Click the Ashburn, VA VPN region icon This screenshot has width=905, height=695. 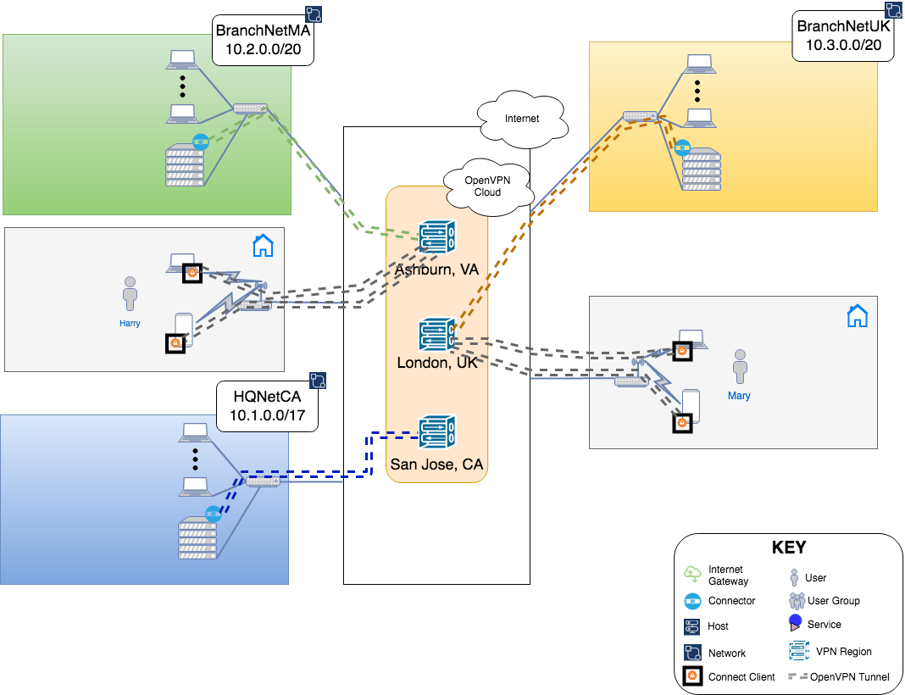pos(437,237)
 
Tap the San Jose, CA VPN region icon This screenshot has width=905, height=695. pos(437,432)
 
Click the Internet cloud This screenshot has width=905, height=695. pos(521,120)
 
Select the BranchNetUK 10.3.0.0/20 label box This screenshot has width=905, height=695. pos(843,36)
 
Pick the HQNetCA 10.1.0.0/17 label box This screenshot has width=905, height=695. pos(268,405)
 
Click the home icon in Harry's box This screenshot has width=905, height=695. pos(264,246)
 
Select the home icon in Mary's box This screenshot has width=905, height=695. pos(858,316)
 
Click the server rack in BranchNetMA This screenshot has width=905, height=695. pos(185,166)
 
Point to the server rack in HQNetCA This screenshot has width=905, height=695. pos(197,539)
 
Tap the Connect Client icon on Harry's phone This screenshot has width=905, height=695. pos(175,343)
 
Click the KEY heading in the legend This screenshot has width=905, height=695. pos(789,548)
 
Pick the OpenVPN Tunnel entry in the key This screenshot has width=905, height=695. pos(839,676)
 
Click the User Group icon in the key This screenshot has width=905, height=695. pos(796,601)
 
